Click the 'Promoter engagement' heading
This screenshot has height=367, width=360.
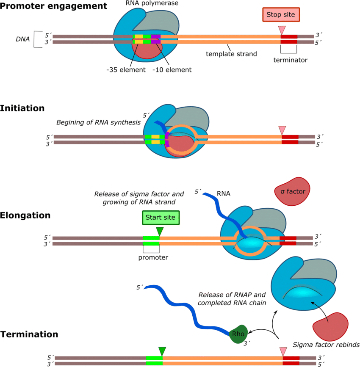[53, 6]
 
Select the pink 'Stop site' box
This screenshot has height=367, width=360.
[281, 15]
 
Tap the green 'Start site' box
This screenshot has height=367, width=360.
[160, 218]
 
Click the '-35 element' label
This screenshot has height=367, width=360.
[126, 69]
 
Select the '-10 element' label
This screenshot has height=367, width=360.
[172, 69]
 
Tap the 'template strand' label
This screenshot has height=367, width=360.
[232, 54]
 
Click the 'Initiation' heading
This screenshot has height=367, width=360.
[22, 108]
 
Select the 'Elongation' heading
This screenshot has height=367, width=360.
[25, 215]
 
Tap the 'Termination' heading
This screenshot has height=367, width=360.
[29, 334]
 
